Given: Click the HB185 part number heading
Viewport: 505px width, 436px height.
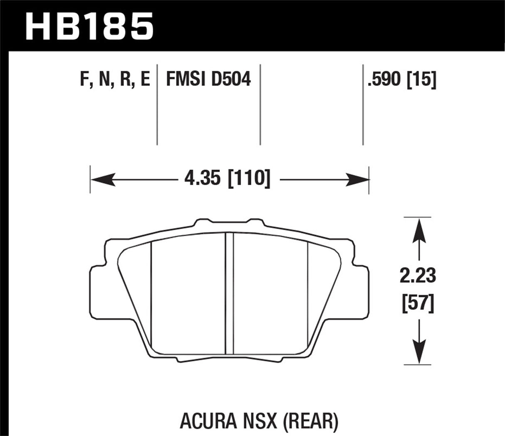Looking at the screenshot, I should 90,26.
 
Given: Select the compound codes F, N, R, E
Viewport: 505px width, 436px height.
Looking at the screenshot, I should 115,79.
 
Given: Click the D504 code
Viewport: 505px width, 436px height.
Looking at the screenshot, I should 231,79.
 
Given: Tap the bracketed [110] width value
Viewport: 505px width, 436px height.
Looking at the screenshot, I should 249,179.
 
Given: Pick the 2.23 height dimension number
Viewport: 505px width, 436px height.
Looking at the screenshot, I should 418,276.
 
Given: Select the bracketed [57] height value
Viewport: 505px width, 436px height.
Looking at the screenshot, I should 418,304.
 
